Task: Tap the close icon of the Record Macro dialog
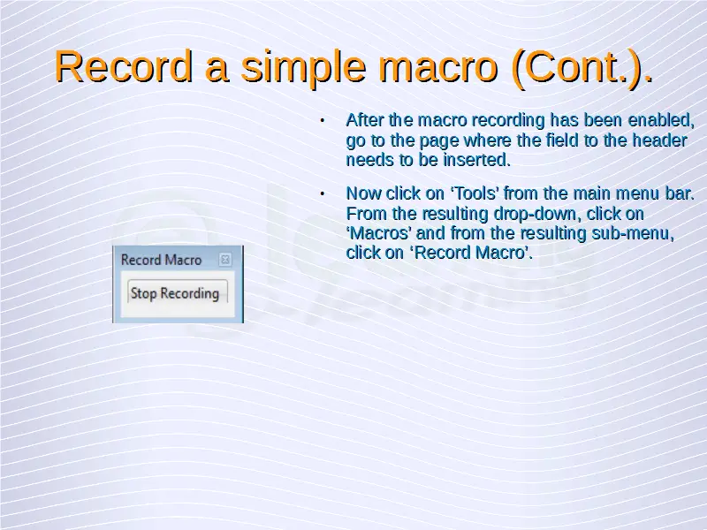[x=224, y=260]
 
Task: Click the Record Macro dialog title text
[x=161, y=260]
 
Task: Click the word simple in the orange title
[x=303, y=67]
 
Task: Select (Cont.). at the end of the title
[x=582, y=67]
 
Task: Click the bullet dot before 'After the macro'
[x=322, y=121]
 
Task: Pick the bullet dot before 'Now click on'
[x=322, y=193]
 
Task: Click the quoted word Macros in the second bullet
[x=379, y=233]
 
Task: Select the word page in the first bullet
[x=438, y=141]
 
